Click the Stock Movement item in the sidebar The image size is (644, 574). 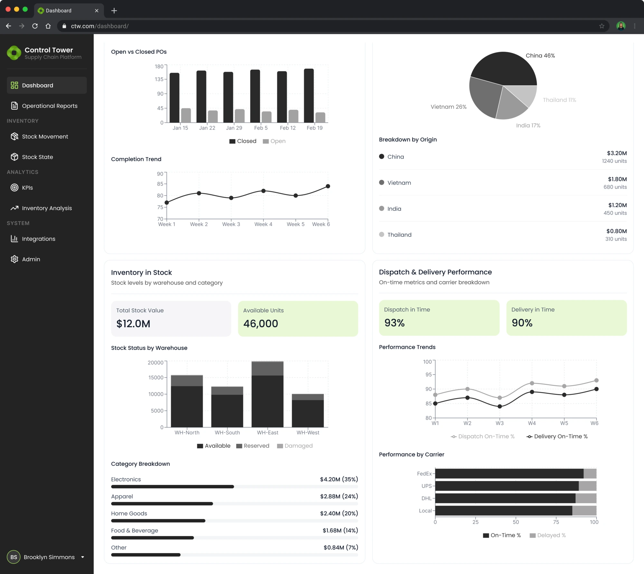point(45,137)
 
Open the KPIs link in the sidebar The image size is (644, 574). point(27,188)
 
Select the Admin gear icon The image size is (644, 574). point(14,259)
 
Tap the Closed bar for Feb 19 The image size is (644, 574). point(309,96)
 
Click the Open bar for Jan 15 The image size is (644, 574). point(186,115)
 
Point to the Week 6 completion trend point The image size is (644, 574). point(328,186)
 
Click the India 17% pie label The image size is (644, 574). point(528,126)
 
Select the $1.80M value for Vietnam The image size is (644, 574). point(617,179)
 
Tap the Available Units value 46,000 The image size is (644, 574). point(260,324)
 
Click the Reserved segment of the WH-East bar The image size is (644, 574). point(267,368)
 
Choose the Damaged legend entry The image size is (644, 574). point(295,446)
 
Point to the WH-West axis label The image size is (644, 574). point(308,433)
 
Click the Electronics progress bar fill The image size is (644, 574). point(172,487)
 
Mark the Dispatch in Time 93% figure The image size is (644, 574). point(394,323)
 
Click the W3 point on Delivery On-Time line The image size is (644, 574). point(499,407)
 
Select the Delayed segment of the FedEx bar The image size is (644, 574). point(590,474)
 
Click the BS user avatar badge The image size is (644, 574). point(14,557)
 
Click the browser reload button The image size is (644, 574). point(35,26)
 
